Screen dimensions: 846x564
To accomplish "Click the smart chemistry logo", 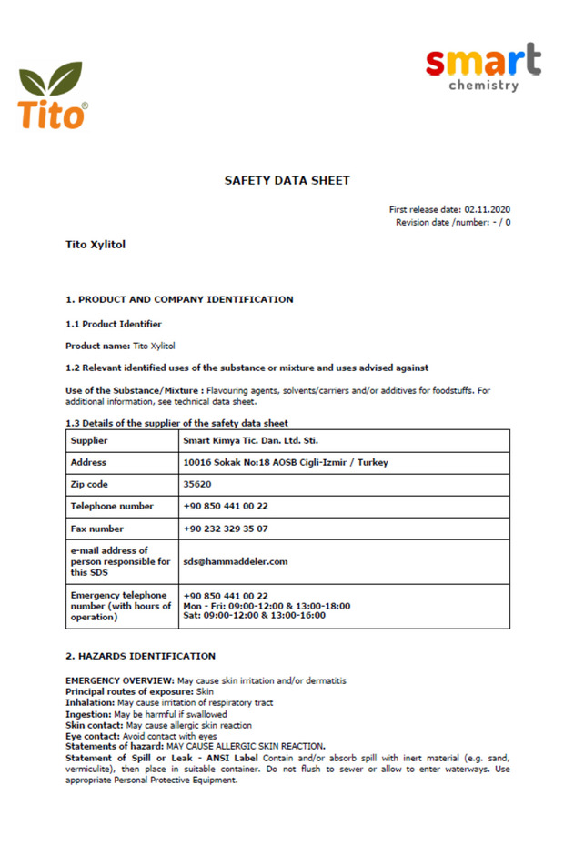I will pos(483,68).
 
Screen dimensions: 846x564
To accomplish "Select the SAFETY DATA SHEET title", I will pos(287,181).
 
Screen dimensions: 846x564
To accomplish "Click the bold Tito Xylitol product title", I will pos(96,245).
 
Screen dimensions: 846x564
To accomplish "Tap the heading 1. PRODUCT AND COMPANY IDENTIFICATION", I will pos(179,299).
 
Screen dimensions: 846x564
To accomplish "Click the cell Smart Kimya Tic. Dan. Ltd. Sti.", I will pos(250,440).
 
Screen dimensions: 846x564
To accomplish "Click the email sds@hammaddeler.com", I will pos(236,561).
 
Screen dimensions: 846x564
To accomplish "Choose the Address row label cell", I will pos(88,462).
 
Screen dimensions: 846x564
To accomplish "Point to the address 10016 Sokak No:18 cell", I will pos(285,462).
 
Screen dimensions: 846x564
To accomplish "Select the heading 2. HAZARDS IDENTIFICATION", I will pos(140,656).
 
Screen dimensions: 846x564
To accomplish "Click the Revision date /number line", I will pos(452,222).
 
